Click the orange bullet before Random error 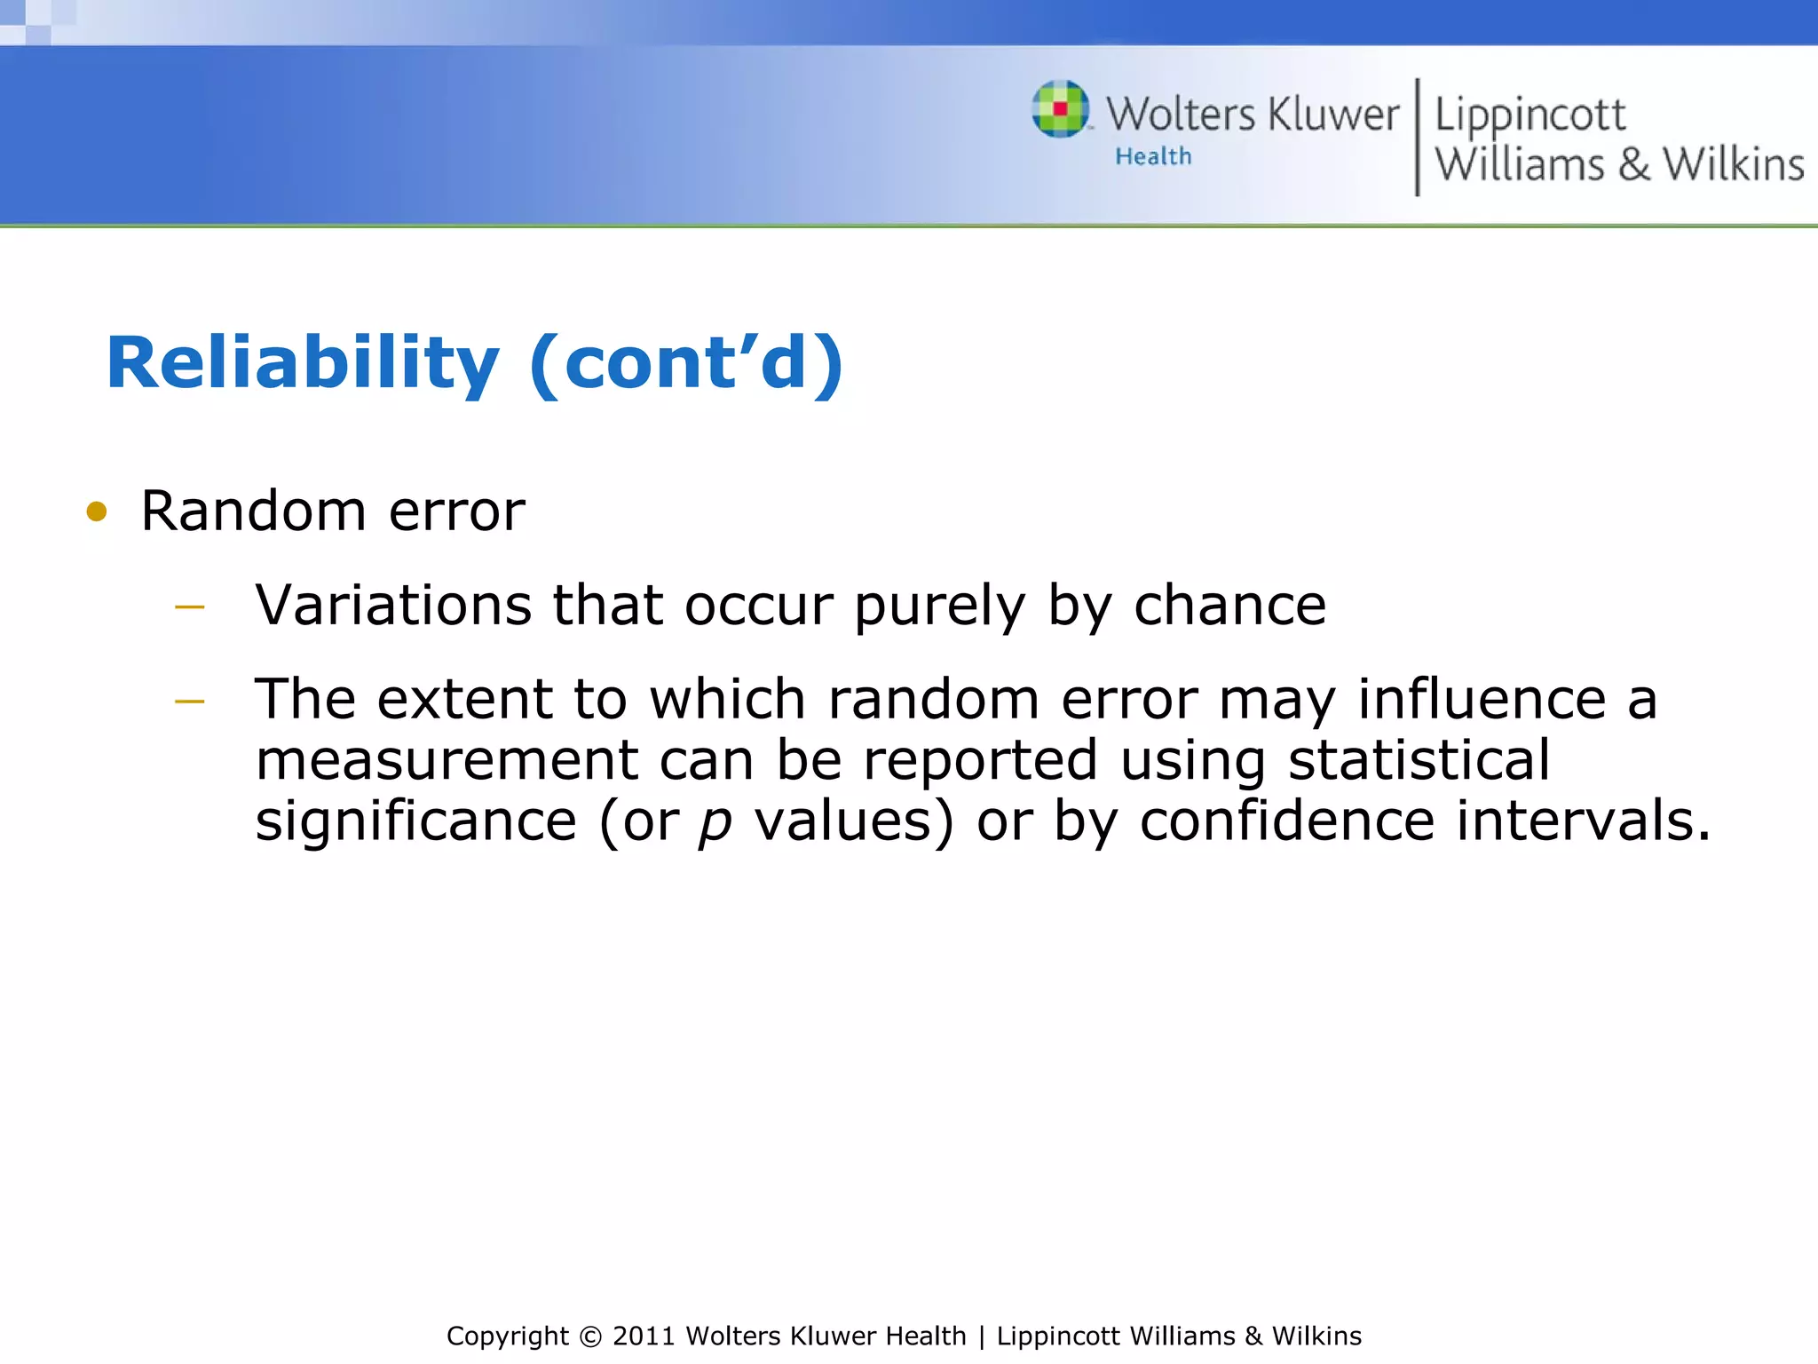(97, 511)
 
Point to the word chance (1229, 605)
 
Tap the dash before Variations (190, 607)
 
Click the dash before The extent (190, 702)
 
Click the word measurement (447, 760)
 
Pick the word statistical (1419, 760)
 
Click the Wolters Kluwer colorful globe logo (1060, 109)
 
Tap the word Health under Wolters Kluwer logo (1153, 156)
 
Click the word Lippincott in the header (1529, 115)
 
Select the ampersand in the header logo (1633, 165)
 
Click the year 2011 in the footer (644, 1336)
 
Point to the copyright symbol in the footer (589, 1336)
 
